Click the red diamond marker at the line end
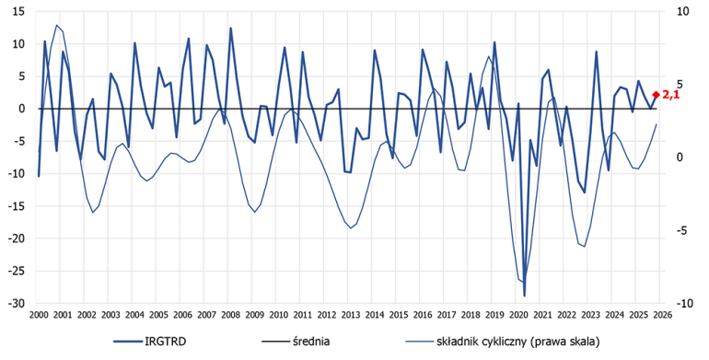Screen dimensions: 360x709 [x=656, y=95]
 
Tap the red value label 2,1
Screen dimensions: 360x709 [x=670, y=94]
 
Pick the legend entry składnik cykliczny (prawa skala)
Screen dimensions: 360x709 [x=526, y=342]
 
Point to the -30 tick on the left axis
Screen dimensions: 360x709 [x=16, y=303]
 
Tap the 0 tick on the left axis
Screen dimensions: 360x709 [x=23, y=109]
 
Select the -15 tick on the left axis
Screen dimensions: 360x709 [x=16, y=206]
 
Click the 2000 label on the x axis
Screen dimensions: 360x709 [x=38, y=316]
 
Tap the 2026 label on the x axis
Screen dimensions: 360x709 [x=661, y=316]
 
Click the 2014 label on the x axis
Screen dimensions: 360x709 [x=374, y=316]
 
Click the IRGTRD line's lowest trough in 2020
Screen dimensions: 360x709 [x=525, y=296]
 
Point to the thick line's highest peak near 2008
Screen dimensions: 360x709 [x=230, y=29]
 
